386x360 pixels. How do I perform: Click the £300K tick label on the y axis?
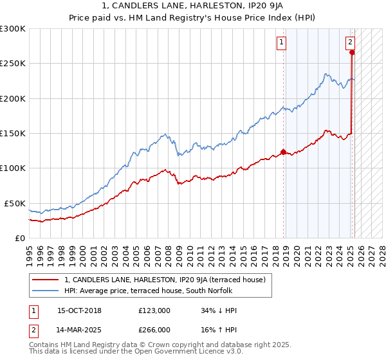(x=13, y=29)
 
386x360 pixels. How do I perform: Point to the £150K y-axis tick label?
(x=13, y=133)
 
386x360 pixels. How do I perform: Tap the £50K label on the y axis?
(x=15, y=203)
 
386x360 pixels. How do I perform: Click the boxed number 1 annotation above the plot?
(x=282, y=43)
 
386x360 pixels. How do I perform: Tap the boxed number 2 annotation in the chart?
(x=350, y=43)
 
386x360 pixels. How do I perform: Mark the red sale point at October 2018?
(x=283, y=152)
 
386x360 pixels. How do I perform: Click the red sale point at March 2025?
(x=352, y=53)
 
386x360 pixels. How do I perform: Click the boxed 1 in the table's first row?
(x=32, y=311)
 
